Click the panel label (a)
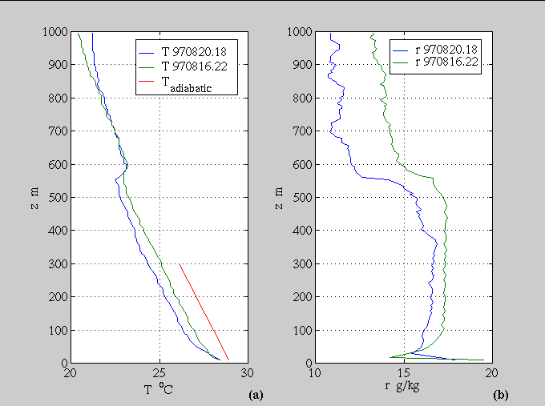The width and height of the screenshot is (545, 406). click(x=256, y=394)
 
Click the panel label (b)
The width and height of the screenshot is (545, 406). click(x=499, y=394)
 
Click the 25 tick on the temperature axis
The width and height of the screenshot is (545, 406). click(x=159, y=373)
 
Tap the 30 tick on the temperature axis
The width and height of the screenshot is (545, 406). click(x=247, y=373)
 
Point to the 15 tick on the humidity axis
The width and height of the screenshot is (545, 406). click(x=404, y=373)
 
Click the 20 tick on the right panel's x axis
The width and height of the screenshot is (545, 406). click(x=491, y=373)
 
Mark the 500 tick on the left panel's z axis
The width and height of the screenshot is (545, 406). click(x=58, y=197)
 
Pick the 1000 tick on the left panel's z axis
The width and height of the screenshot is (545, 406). click(x=54, y=32)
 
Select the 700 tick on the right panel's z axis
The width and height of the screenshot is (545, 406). click(x=301, y=131)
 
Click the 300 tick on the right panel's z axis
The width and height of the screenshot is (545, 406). click(x=301, y=263)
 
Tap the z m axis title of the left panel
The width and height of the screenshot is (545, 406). click(x=32, y=197)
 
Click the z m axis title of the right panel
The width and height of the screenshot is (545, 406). click(x=277, y=197)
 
